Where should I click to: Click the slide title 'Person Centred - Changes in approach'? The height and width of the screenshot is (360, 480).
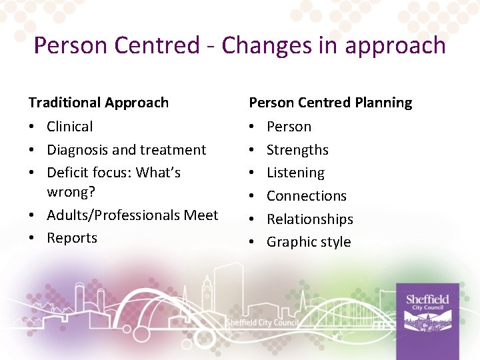pyautogui.click(x=239, y=45)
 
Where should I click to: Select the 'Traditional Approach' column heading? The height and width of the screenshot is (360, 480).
pyautogui.click(x=99, y=103)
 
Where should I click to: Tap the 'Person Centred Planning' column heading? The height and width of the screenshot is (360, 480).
pyautogui.click(x=330, y=103)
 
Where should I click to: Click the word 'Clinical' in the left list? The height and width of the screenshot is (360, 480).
pyautogui.click(x=70, y=127)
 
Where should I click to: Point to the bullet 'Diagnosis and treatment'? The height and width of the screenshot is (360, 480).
pyautogui.click(x=126, y=150)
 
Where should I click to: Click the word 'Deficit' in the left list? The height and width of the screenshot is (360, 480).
pyautogui.click(x=67, y=173)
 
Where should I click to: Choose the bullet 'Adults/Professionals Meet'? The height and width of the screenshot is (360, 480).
pyautogui.click(x=132, y=215)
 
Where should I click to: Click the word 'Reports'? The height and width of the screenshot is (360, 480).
pyautogui.click(x=72, y=238)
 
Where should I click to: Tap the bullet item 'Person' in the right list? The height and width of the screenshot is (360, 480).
pyautogui.click(x=289, y=127)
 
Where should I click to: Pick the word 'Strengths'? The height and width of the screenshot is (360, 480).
pyautogui.click(x=297, y=150)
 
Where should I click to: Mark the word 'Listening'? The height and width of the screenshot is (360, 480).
pyautogui.click(x=295, y=173)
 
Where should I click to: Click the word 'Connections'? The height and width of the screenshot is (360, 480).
pyautogui.click(x=307, y=196)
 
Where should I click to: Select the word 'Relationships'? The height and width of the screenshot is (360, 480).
pyautogui.click(x=310, y=219)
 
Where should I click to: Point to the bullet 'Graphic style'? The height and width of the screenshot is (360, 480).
pyautogui.click(x=309, y=242)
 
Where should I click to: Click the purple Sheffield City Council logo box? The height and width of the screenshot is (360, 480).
pyautogui.click(x=427, y=318)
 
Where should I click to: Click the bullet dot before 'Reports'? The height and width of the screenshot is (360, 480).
pyautogui.click(x=33, y=239)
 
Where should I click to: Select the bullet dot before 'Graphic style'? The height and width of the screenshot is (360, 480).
pyautogui.click(x=253, y=243)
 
